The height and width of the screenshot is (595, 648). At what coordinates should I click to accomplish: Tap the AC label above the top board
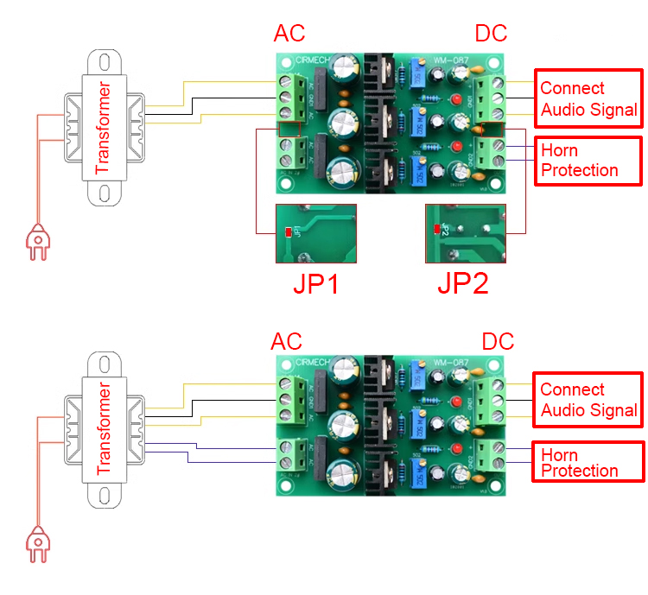290,34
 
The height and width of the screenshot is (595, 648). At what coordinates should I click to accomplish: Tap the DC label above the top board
491,34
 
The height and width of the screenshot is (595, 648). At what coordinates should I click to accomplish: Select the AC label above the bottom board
288,341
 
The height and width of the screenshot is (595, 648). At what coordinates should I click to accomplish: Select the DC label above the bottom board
498,341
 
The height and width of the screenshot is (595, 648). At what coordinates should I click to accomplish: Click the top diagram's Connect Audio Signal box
588,99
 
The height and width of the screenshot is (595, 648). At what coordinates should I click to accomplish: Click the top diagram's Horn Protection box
588,160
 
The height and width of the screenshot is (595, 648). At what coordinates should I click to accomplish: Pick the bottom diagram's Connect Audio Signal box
588,400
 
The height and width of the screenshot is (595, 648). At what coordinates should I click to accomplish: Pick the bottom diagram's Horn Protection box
588,462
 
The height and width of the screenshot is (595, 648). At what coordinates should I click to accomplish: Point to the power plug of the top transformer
36,241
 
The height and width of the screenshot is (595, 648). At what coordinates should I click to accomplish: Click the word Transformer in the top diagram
104,128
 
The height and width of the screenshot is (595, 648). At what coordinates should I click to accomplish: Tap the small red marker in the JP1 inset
288,231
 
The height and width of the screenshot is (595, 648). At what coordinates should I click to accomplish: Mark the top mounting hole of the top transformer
104,62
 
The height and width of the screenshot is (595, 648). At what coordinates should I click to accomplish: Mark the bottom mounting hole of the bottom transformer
104,496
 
